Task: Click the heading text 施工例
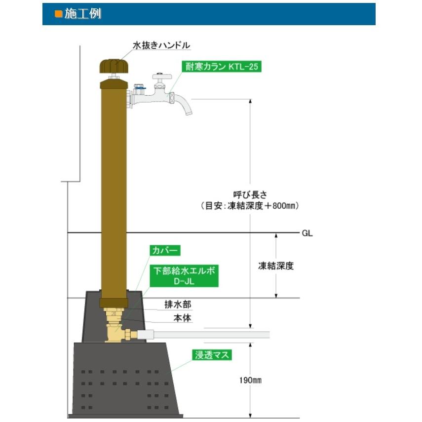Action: [x=82, y=14]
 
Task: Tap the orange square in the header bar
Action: [x=58, y=14]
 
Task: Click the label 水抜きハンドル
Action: [x=161, y=45]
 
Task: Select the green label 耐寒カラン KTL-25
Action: [x=221, y=67]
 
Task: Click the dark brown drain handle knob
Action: [x=114, y=66]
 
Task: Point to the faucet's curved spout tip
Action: [x=187, y=113]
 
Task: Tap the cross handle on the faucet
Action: [x=161, y=77]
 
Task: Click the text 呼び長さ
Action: [x=250, y=194]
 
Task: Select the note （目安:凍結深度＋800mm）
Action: [x=250, y=206]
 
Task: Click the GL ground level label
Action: [x=307, y=233]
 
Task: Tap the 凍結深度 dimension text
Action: [x=276, y=266]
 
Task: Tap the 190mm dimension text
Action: [x=250, y=380]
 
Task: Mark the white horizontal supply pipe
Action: [x=207, y=335]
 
